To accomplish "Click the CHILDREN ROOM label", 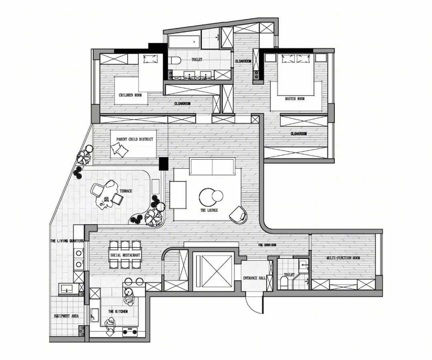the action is point(130,95).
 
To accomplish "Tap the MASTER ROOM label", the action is point(295,99).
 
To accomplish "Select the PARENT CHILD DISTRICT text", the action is point(134,139).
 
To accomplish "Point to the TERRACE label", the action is point(126,191).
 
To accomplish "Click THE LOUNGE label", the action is point(209,210).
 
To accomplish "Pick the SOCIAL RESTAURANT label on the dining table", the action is point(125,255).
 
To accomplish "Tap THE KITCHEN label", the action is point(118,312).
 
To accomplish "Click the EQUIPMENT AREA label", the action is point(66,316).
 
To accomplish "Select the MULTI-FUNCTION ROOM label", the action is point(343,258).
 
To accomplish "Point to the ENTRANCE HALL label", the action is point(254,278).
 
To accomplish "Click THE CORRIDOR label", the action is point(267,245).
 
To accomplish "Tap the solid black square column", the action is point(164,164).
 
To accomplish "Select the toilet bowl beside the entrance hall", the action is point(284,283).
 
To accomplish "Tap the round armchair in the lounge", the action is point(238,215).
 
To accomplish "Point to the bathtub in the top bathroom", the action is point(184,42).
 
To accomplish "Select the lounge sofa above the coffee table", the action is point(212,166).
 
